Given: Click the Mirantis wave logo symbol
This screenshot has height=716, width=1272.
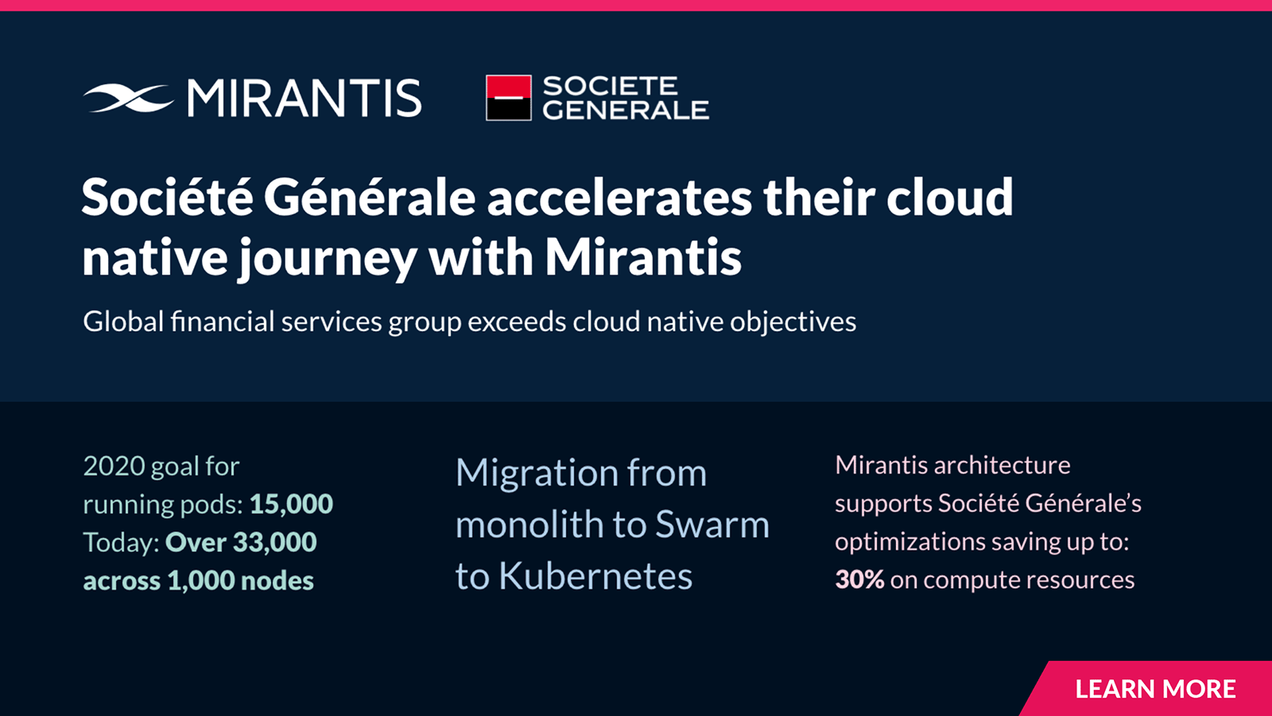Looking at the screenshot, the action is (x=129, y=99).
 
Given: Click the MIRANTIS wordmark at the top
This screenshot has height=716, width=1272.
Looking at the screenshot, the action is (x=304, y=99).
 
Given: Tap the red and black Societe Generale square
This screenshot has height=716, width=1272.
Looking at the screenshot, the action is (x=509, y=98).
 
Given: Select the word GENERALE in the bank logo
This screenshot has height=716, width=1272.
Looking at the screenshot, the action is (x=626, y=110).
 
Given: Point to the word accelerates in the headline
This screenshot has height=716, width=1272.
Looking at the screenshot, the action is (x=619, y=198).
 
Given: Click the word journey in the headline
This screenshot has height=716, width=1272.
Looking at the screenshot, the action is (x=327, y=259).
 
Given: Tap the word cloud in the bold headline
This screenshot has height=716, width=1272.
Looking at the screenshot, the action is (x=949, y=197).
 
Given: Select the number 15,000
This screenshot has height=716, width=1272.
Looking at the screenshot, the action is (x=291, y=504).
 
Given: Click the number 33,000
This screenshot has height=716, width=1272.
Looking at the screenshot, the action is (x=275, y=542).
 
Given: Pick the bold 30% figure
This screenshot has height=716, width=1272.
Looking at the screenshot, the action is (x=859, y=580).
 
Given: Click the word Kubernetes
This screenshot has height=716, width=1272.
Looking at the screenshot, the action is (x=595, y=576).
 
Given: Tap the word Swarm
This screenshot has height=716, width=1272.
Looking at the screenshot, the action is (x=712, y=524).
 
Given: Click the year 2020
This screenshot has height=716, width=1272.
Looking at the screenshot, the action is (x=114, y=466).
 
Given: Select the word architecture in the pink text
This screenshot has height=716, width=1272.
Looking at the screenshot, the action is (x=1002, y=465).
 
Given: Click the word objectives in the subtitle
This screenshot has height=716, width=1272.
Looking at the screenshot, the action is (x=793, y=322).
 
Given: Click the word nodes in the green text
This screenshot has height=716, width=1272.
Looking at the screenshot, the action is (x=277, y=581).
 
